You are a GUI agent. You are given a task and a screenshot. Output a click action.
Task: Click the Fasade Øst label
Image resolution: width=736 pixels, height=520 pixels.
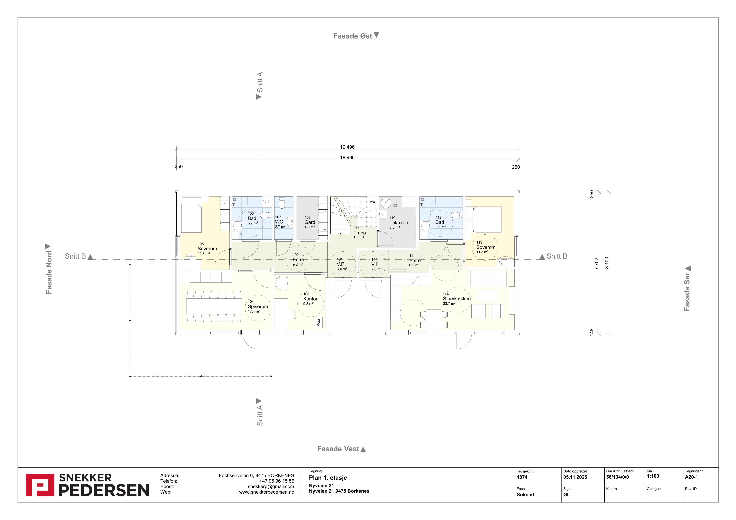[x=353, y=36]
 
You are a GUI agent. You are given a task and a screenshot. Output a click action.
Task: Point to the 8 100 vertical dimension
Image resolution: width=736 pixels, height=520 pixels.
[x=607, y=263]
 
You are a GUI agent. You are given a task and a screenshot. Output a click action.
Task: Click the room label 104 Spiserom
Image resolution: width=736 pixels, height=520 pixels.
[x=258, y=306]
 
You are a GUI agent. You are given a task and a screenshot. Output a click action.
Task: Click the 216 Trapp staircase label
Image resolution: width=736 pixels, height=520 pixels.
[x=359, y=233]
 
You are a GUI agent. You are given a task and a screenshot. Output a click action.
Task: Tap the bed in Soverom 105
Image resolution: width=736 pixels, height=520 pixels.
[x=191, y=215]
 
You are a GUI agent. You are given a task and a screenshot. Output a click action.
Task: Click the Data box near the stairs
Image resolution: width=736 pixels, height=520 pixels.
[x=371, y=202]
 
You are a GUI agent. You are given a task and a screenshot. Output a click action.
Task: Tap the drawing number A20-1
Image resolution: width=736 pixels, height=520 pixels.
[x=691, y=477]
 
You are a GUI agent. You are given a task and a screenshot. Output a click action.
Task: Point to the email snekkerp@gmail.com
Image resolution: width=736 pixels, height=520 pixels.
[x=271, y=486]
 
